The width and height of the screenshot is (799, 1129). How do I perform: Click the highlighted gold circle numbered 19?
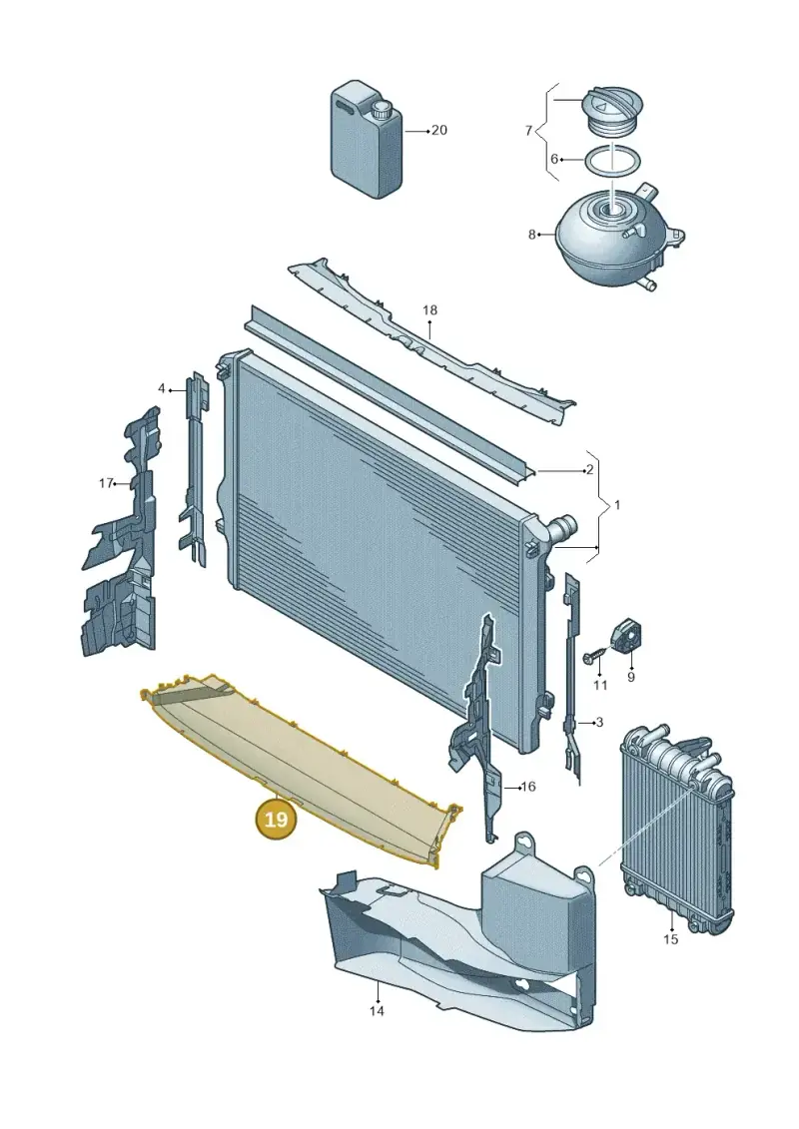(x=277, y=820)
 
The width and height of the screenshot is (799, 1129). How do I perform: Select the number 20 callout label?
(x=438, y=131)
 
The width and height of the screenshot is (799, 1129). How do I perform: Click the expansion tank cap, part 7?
(x=611, y=115)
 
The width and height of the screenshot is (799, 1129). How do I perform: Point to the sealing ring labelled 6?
(x=611, y=161)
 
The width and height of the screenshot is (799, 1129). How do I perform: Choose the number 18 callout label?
(x=430, y=310)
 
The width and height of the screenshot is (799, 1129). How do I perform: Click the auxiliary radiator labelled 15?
(x=676, y=831)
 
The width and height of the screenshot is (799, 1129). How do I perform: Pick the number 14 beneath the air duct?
(x=377, y=1011)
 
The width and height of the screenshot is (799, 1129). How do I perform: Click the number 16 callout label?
(x=528, y=787)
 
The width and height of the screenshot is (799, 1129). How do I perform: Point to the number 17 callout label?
(x=106, y=483)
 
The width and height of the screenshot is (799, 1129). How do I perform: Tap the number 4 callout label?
(x=162, y=389)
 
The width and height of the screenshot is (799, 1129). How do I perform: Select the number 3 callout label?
(x=599, y=722)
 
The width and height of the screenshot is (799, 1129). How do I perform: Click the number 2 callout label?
(x=590, y=470)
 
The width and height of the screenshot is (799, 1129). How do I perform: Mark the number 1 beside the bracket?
(x=616, y=505)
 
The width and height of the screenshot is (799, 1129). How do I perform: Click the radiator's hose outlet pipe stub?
(x=560, y=528)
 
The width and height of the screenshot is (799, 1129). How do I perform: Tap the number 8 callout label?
(x=532, y=235)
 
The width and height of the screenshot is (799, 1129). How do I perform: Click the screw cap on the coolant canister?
(x=380, y=112)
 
